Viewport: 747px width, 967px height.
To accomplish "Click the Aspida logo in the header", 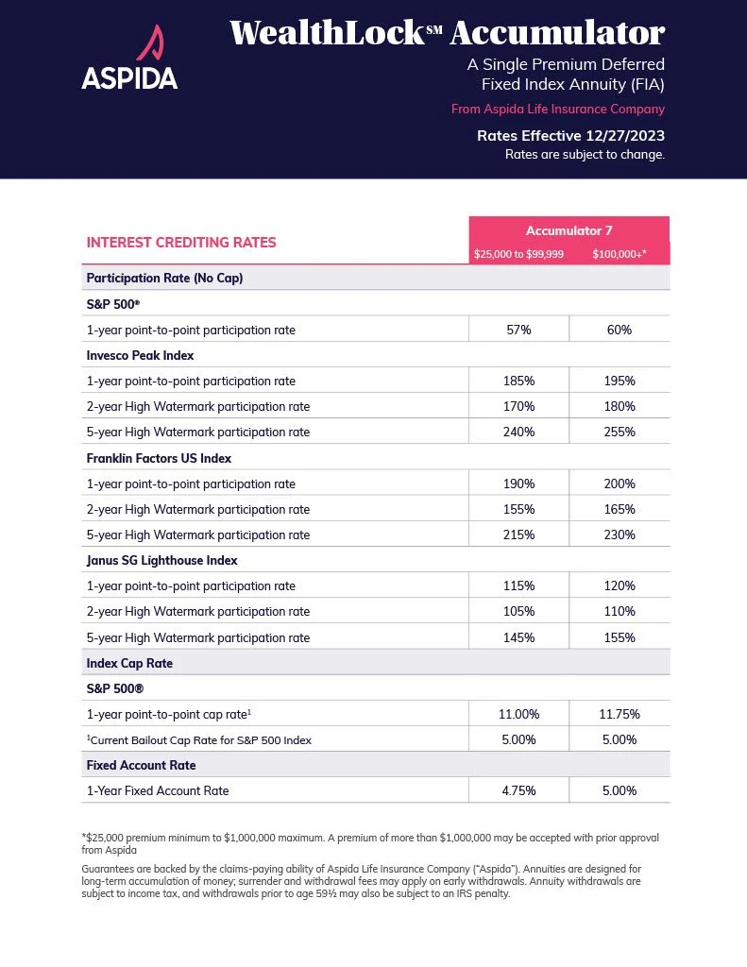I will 129,58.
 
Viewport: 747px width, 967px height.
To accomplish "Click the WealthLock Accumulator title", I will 447,33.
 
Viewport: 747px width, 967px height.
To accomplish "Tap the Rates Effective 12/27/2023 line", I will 570,135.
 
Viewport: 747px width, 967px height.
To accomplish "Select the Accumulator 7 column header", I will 569,229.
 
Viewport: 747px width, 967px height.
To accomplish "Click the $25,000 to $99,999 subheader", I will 518,254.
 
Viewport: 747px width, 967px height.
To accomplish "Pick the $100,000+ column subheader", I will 619,254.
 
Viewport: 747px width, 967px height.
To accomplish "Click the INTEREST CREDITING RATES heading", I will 181,243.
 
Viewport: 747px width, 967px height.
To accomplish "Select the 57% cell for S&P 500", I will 518,330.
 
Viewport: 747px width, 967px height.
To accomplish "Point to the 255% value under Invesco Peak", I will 619,432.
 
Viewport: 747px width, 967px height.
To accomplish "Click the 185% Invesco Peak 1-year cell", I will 518,381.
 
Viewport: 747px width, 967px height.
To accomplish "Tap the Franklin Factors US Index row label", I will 159,458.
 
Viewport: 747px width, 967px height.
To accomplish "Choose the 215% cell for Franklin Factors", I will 518,534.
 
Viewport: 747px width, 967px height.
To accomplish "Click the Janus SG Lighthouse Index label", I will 161,560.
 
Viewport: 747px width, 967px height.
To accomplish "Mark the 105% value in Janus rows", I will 518,611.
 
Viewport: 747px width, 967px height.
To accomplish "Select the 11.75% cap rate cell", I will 619,715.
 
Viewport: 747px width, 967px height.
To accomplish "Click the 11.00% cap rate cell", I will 518,715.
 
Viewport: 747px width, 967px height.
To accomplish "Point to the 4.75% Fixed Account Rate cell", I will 518,790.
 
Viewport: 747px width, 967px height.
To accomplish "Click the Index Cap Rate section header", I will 129,663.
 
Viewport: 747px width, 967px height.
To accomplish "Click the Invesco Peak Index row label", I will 140,355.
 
